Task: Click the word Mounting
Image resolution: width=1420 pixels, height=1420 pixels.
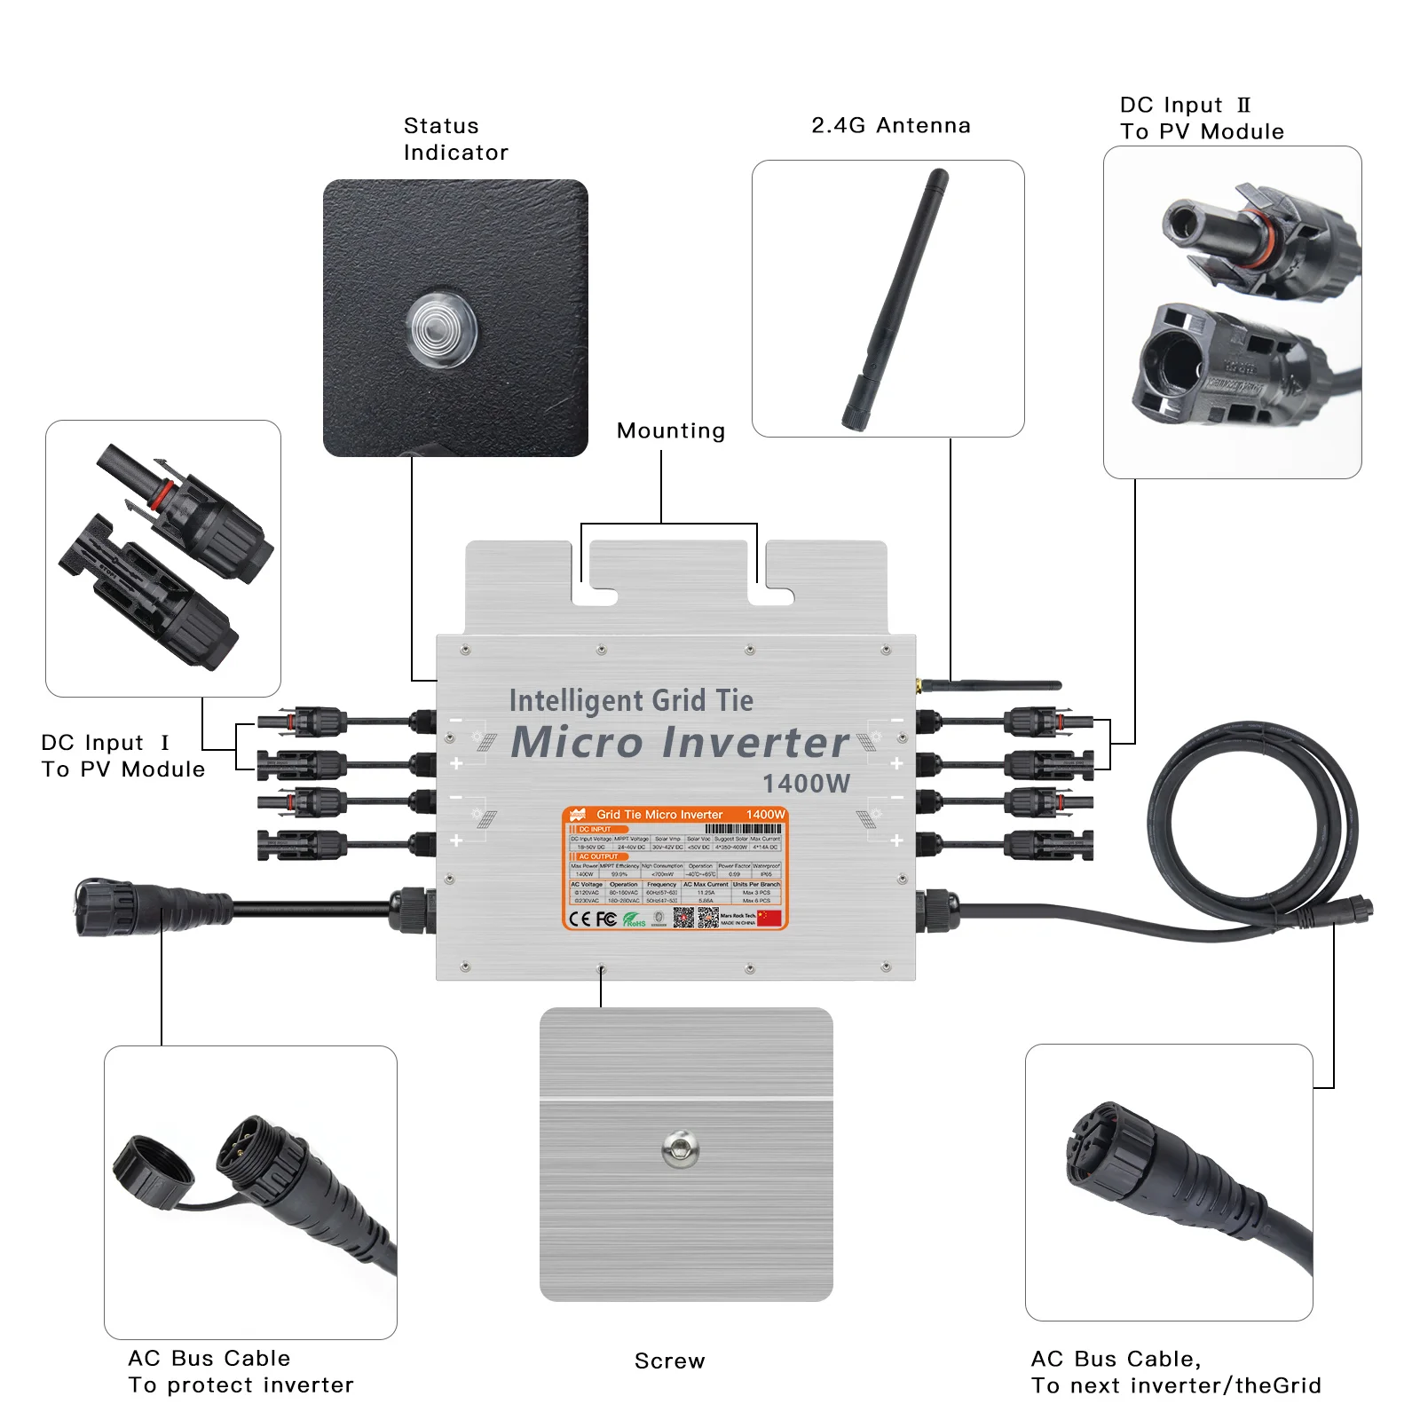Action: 670,431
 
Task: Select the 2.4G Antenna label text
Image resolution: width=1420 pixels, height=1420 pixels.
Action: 890,126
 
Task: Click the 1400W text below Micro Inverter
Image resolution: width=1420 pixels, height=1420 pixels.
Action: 806,784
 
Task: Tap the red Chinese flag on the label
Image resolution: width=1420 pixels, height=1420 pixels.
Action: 769,919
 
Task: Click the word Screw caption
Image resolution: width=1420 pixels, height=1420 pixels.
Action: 669,1361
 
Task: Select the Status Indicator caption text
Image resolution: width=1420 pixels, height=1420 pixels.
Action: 455,139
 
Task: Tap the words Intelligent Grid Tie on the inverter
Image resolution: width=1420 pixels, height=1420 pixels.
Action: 631,700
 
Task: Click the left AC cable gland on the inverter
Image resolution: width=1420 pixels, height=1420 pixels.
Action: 414,910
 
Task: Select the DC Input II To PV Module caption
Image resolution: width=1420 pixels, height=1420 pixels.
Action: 1201,119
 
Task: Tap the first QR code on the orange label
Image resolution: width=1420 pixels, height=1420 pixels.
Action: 682,918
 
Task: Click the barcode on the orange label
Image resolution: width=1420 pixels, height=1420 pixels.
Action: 743,829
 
